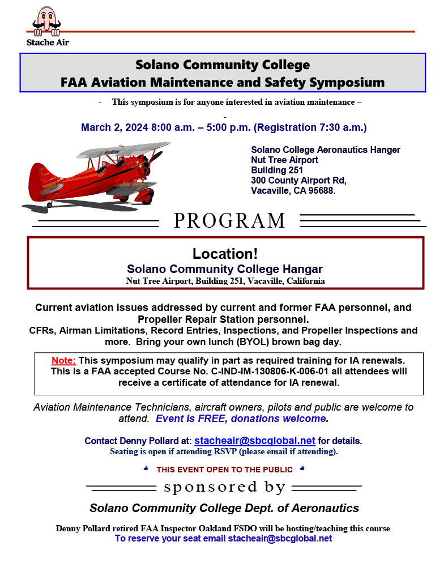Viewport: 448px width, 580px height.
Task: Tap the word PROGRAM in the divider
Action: pos(229,220)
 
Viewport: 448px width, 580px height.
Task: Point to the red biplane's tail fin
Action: pos(35,182)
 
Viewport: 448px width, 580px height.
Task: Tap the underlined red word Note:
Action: pos(63,360)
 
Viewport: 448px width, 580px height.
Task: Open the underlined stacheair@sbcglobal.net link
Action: pos(254,440)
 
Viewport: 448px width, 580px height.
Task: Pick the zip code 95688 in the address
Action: pos(322,191)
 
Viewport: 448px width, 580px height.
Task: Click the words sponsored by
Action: pos(224,487)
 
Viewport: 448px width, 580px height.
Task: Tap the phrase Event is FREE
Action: pos(191,419)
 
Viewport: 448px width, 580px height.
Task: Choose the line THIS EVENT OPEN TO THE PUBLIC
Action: pos(224,470)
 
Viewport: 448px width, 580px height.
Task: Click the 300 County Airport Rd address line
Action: pos(298,181)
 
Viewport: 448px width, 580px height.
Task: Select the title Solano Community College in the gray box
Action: pos(223,65)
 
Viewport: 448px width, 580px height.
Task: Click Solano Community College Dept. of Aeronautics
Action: pos(224,507)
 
